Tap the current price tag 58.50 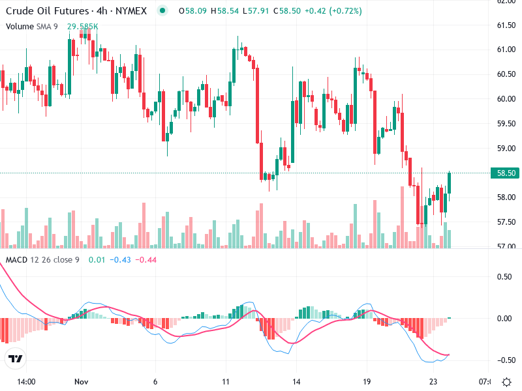point(506,173)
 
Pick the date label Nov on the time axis point(81,381)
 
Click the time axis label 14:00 point(26,381)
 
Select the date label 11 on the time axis point(226,381)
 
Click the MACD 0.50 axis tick point(505,276)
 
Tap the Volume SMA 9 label point(33,27)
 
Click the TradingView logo point(16,358)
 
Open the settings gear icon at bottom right point(506,381)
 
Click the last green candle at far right point(449,183)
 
